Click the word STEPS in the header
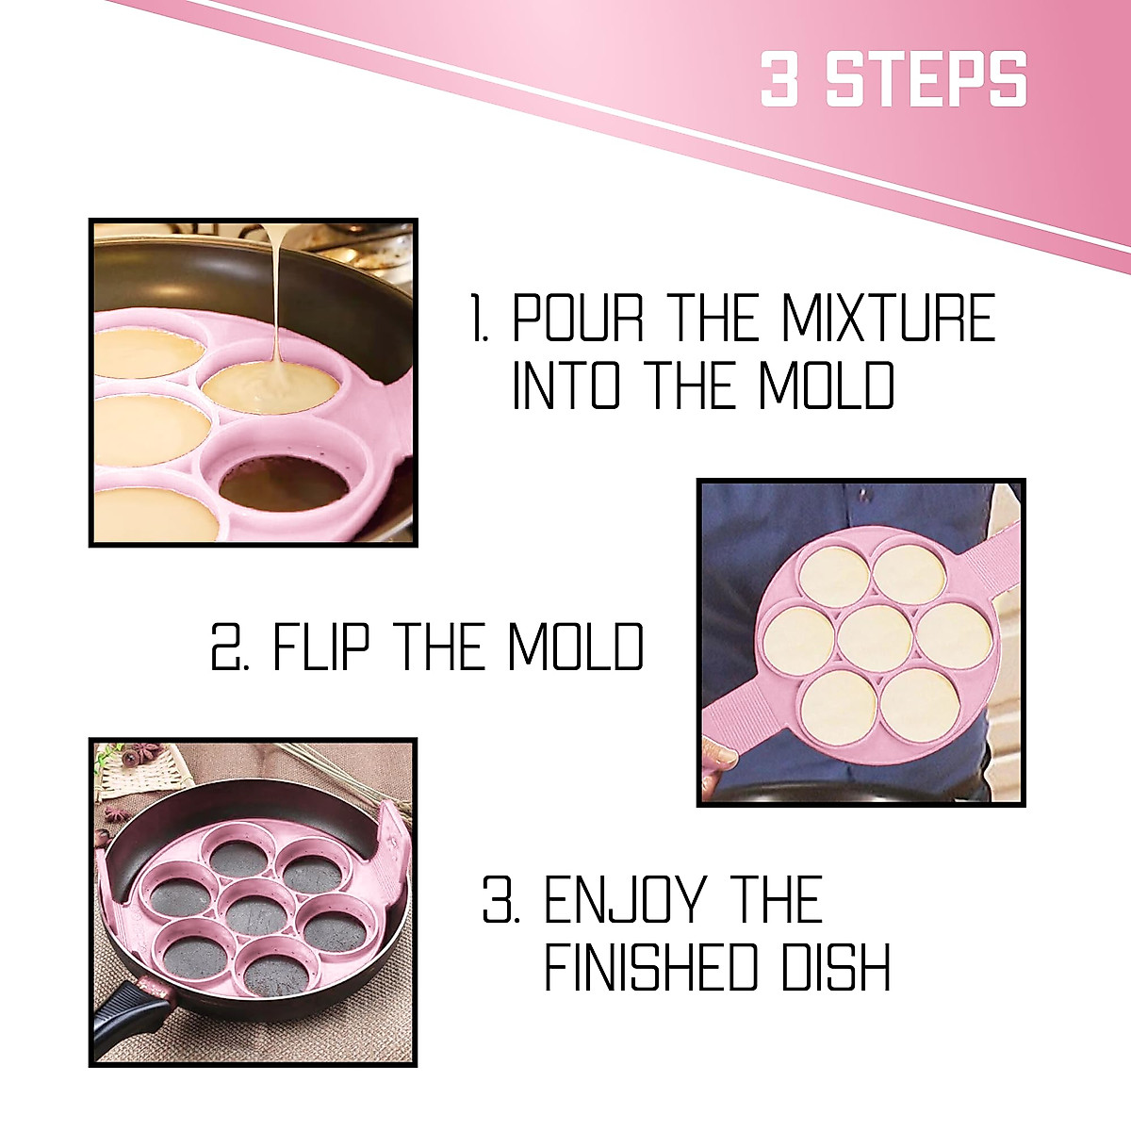(926, 79)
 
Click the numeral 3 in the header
(779, 79)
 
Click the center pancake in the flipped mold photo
(873, 638)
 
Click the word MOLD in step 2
(575, 647)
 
